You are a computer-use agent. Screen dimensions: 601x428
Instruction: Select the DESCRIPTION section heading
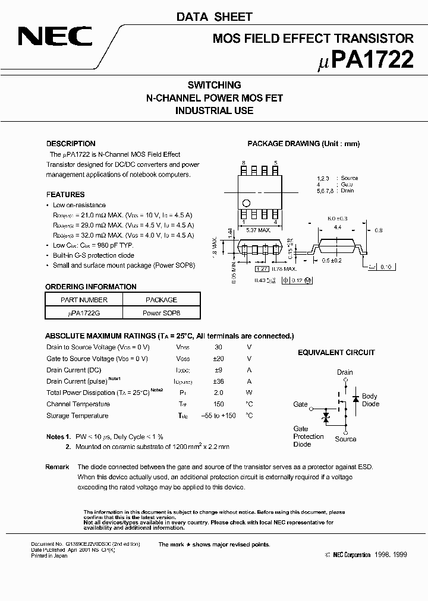click(71, 144)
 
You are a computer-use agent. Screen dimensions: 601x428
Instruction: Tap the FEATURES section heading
click(65, 194)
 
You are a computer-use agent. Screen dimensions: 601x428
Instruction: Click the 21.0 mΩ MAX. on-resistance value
click(100, 215)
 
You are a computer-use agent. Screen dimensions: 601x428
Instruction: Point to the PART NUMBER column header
click(84, 300)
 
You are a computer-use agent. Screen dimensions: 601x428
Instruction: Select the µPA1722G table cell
click(84, 312)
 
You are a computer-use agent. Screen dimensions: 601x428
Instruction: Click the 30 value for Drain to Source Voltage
click(218, 347)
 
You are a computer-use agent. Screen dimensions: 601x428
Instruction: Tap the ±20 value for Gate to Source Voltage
click(218, 359)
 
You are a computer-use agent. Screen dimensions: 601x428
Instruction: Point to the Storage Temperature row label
click(77, 416)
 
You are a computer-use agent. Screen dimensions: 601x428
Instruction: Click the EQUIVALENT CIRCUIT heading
click(336, 352)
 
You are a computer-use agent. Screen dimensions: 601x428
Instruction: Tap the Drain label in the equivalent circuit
click(345, 372)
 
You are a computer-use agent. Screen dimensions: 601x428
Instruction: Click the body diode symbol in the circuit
click(355, 398)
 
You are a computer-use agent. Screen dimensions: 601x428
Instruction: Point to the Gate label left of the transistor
click(301, 404)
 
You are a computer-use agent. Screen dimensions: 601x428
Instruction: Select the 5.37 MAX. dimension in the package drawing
click(260, 229)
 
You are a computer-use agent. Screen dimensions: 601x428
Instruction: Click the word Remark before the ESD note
click(57, 467)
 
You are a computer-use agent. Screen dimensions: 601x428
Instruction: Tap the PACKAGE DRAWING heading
click(303, 144)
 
